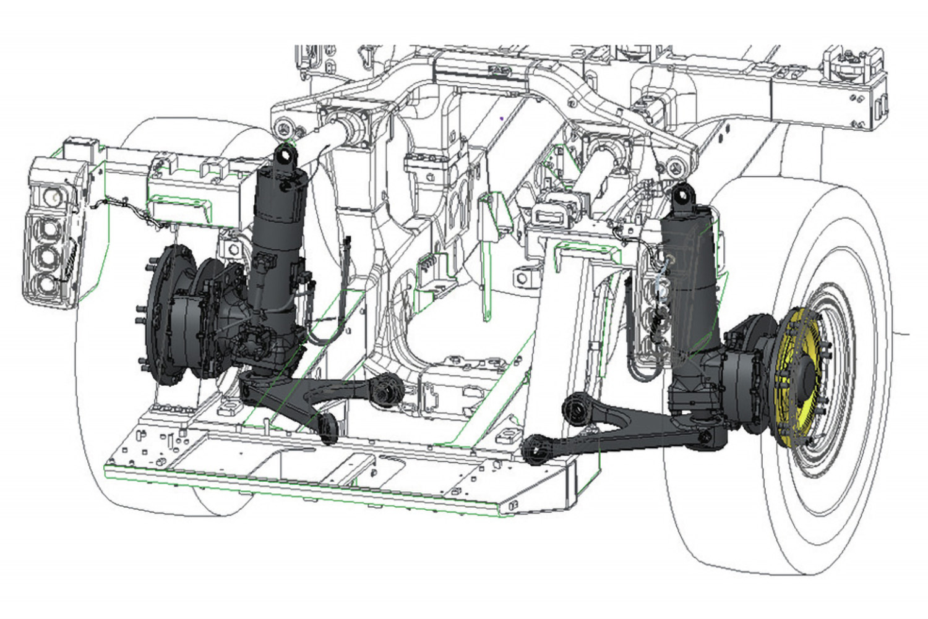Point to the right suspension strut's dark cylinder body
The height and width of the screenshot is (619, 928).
tap(687, 260)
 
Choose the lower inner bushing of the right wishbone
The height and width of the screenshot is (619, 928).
tap(535, 448)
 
